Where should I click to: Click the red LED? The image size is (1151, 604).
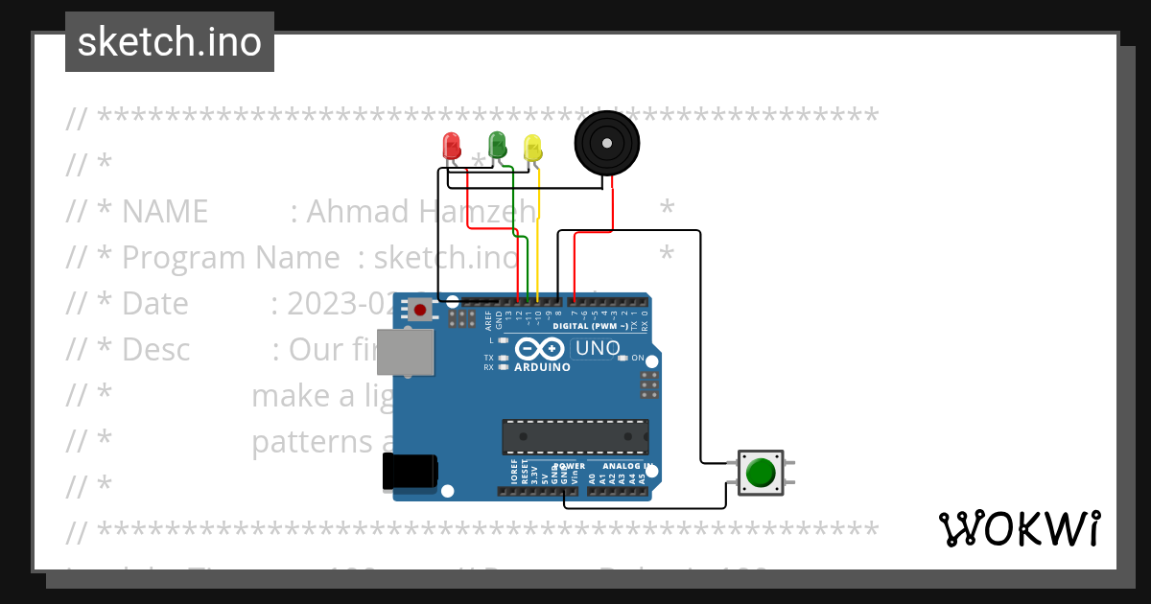[x=451, y=146]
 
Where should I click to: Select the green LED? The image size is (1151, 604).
[x=497, y=145]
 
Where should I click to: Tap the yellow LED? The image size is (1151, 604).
[x=532, y=148]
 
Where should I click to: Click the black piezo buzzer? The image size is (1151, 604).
[x=606, y=143]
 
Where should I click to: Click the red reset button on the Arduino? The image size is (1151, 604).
[x=420, y=309]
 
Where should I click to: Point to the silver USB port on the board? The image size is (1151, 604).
[x=404, y=352]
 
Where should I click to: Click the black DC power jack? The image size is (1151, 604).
[x=410, y=472]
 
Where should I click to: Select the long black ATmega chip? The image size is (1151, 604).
[x=575, y=436]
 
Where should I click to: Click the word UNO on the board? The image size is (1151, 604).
[x=597, y=348]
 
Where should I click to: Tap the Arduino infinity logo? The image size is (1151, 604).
[x=540, y=349]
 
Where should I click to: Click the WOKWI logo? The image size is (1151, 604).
[x=1019, y=529]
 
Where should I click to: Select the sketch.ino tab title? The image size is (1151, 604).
[x=170, y=42]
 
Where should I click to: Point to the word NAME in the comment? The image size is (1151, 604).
[x=165, y=211]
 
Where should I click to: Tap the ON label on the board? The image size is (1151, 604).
[x=638, y=358]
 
